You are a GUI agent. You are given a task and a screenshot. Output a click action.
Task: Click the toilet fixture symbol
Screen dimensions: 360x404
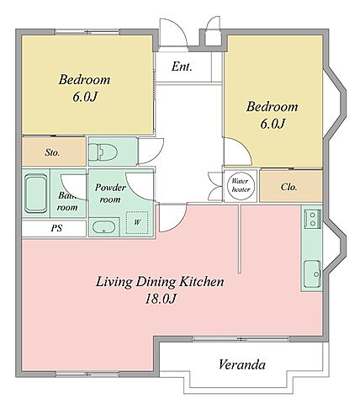(102, 151)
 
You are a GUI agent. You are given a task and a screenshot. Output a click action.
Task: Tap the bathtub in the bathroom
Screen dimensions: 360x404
(35, 194)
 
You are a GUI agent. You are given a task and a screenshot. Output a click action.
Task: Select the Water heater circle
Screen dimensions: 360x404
(241, 185)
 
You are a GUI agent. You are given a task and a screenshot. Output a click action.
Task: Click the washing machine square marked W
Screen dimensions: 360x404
(137, 222)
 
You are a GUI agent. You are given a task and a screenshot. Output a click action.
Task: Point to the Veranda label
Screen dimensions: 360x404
(241, 364)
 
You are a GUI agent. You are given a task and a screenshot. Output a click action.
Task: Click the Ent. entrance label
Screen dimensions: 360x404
(182, 66)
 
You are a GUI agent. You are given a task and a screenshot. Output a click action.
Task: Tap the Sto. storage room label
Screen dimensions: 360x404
(52, 152)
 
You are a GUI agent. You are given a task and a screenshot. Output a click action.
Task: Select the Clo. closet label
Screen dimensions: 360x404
(289, 187)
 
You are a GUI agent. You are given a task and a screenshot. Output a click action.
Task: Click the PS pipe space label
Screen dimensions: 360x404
(56, 228)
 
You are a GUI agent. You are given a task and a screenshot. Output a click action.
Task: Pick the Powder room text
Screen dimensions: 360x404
(110, 194)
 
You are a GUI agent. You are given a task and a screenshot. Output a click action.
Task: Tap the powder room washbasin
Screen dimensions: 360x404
(103, 227)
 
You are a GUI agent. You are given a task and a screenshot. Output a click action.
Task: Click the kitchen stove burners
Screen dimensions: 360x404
(313, 219)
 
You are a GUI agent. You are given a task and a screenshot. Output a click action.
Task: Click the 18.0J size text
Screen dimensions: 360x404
(161, 299)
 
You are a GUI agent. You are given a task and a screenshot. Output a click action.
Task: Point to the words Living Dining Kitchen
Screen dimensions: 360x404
(160, 282)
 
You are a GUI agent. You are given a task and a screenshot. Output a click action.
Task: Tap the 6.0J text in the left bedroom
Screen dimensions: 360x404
(85, 97)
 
